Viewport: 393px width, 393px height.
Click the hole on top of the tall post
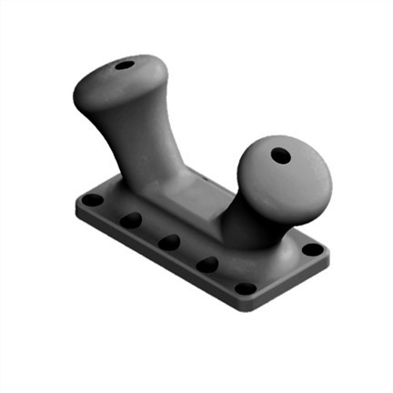tap(125, 66)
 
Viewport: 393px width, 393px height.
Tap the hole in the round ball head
tap(281, 156)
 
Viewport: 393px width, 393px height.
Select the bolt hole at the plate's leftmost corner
tap(93, 199)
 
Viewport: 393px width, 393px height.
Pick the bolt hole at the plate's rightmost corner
tap(312, 248)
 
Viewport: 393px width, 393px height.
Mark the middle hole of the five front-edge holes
tap(168, 242)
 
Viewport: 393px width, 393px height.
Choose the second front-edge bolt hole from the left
tap(131, 220)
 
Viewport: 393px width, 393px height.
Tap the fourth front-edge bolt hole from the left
tap(207, 265)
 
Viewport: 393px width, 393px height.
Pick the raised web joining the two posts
tap(196, 196)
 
